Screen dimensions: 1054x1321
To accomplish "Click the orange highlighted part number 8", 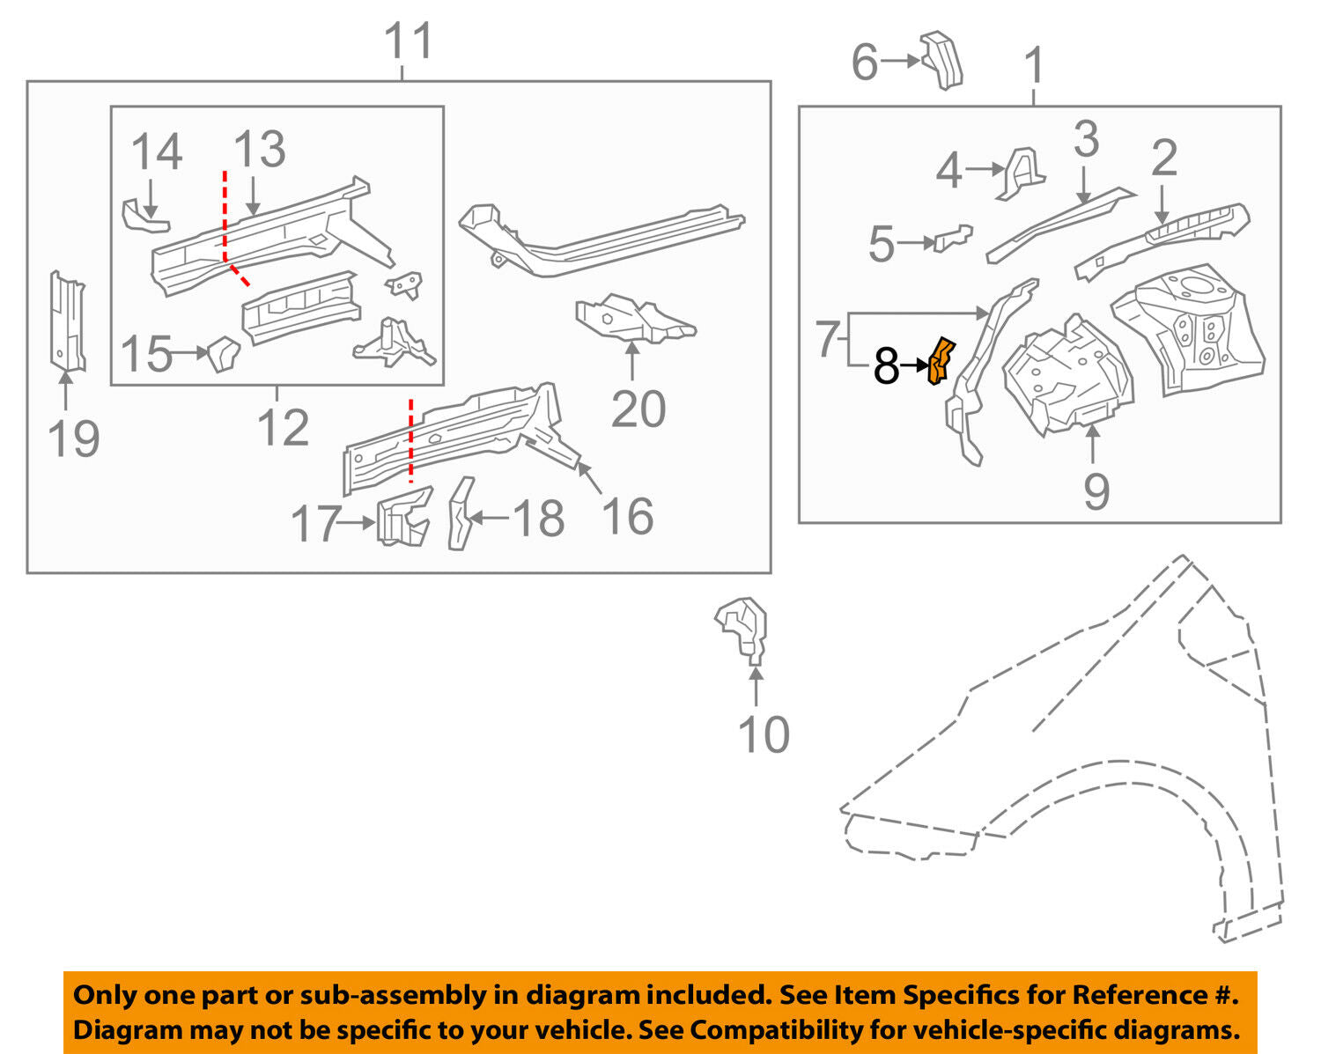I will tap(941, 361).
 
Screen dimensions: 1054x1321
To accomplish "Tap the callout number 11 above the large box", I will tap(410, 41).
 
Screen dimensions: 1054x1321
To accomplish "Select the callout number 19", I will tap(73, 439).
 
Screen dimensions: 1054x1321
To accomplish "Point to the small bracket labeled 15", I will tap(225, 353).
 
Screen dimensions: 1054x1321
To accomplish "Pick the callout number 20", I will tap(638, 409).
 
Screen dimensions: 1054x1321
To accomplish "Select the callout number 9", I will tap(1096, 490).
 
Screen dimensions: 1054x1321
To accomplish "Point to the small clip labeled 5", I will tap(953, 238).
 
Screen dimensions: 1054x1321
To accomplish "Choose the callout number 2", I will tap(1163, 158).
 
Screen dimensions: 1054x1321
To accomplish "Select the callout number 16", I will tap(627, 516).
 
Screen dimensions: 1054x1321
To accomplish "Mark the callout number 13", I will tap(260, 150).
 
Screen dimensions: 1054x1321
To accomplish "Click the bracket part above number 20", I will tap(633, 320).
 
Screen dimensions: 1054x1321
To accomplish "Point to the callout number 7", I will tap(825, 339).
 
